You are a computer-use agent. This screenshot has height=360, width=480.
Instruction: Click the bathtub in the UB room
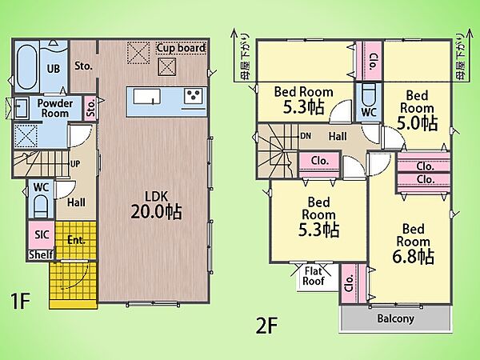click(26, 66)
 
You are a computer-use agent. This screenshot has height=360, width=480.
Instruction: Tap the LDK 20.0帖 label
click(156, 206)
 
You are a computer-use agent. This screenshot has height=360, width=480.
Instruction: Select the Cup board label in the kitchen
click(181, 48)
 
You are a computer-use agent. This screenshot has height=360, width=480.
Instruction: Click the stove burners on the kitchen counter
click(194, 95)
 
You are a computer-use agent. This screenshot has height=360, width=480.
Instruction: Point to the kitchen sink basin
click(147, 97)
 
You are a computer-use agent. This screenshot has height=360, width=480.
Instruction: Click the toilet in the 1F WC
click(41, 206)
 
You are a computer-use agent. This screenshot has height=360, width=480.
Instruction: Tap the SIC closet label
click(42, 234)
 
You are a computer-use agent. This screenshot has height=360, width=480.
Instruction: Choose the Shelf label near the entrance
click(41, 254)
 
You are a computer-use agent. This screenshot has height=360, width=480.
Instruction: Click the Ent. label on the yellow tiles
click(76, 240)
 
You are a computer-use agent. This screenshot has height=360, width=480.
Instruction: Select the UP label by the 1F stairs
click(75, 164)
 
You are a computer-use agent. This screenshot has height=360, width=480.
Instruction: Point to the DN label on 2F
click(306, 136)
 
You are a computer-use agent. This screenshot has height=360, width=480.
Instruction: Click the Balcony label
click(395, 319)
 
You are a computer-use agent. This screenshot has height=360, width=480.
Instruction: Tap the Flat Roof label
click(313, 276)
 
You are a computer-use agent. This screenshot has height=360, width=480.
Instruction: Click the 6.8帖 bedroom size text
click(414, 256)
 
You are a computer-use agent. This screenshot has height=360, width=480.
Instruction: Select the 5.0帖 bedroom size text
click(417, 122)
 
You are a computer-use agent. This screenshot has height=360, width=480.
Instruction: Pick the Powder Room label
click(54, 108)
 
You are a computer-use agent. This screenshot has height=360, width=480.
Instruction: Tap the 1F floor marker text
click(20, 301)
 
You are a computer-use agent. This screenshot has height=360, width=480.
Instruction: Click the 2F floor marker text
click(266, 326)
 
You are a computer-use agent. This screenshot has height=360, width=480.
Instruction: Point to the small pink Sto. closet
click(90, 109)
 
